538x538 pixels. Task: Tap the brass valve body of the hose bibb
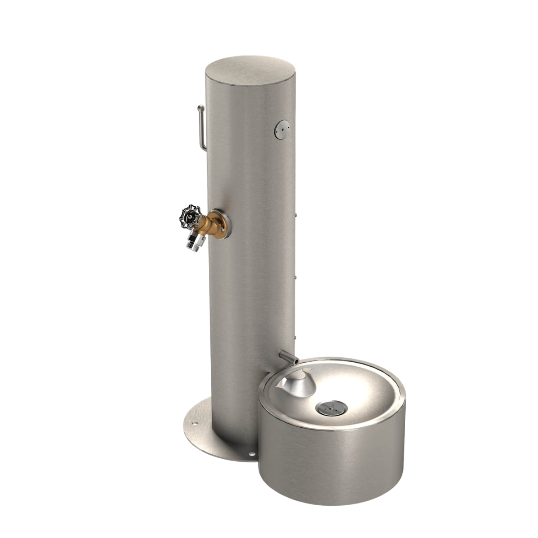tap(208, 223)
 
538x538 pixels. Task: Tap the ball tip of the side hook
tap(201, 107)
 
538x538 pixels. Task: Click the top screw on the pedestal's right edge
tap(296, 215)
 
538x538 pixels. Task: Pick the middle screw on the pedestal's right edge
tap(296, 278)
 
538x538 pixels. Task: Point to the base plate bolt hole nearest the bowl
tap(252, 455)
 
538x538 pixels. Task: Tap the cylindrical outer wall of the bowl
tap(332, 466)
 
